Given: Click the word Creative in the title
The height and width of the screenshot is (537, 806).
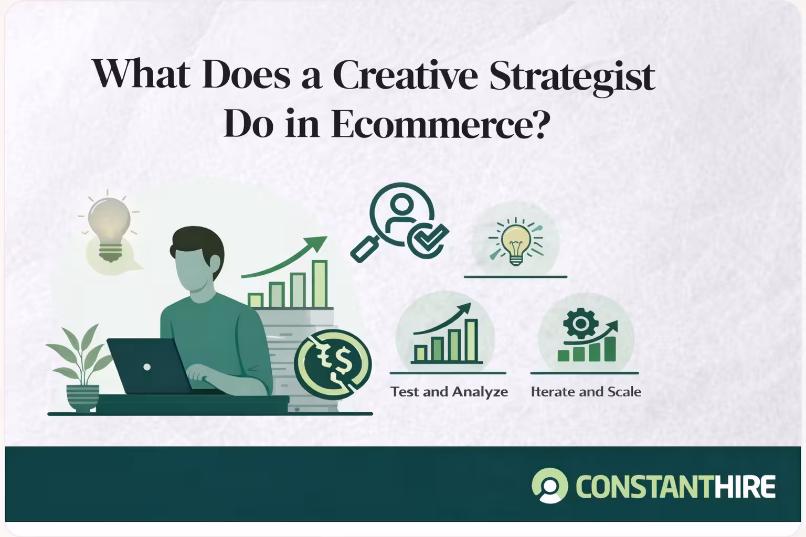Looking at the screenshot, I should pos(405,75).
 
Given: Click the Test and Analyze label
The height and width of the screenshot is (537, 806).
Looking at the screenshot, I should pos(449,392).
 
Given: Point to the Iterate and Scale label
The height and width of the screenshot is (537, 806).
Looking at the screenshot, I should pos(586,392).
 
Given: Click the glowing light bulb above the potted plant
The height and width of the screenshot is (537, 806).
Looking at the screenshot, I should pos(109,228).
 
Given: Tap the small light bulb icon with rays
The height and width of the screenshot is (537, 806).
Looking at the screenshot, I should pos(516,242).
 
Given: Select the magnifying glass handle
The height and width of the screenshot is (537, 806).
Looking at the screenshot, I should pos(364,249).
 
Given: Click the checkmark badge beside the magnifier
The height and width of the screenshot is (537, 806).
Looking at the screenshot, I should pos(427,241).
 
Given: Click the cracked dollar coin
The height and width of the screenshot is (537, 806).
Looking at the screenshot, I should pos(333,363).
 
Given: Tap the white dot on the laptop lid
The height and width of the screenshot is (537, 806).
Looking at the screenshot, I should pos(147,367).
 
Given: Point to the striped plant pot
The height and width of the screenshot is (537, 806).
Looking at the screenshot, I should pos(83,397).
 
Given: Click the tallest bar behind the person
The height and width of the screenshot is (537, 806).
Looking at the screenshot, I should pos(320,284).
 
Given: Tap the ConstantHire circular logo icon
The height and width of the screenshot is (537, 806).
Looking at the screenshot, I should pos(549,486).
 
